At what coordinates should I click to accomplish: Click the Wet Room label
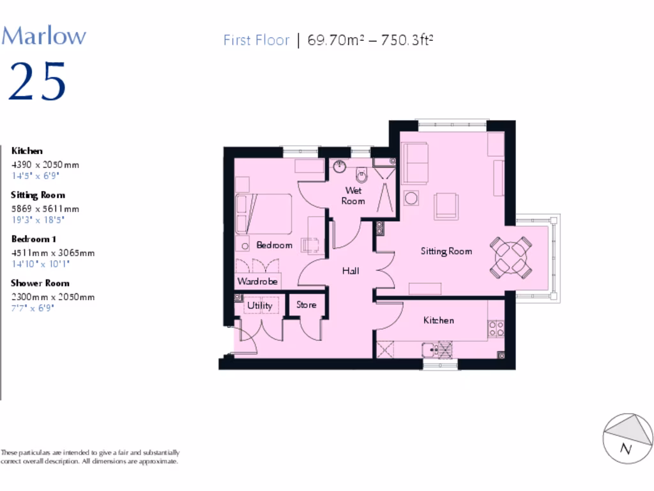point(353,196)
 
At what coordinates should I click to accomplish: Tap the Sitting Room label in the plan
point(446,251)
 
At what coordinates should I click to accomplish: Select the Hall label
point(350,270)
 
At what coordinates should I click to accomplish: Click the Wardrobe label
point(257,281)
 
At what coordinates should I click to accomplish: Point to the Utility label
point(259,306)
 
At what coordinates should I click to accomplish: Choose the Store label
point(306,305)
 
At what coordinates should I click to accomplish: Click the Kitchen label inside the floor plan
point(439,320)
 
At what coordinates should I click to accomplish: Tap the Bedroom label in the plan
point(274,245)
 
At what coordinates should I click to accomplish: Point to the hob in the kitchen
point(496,328)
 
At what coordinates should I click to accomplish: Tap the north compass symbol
point(628,439)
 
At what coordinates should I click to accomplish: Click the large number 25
point(38,81)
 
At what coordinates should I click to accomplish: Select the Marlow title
point(43,35)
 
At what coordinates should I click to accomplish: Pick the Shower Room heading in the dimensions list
point(40,283)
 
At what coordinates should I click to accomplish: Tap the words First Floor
point(256,40)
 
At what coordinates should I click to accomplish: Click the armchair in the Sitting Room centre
point(445,206)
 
